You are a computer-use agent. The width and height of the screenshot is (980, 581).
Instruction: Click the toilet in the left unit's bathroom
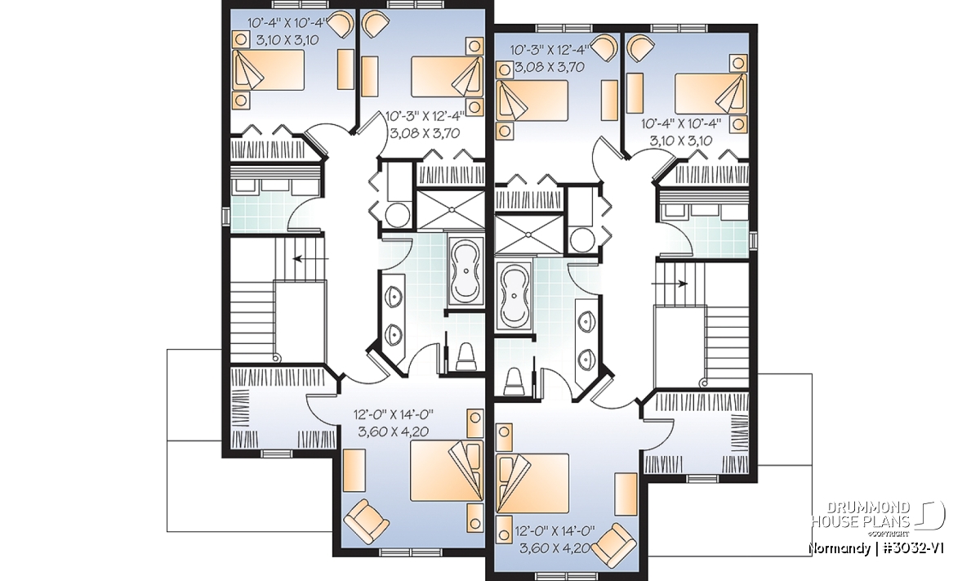[465, 357]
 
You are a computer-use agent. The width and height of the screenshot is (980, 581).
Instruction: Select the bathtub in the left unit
[466, 271]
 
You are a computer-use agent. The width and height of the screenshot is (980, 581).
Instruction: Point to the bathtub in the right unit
[514, 297]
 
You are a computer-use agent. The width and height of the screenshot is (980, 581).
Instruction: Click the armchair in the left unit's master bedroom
[366, 521]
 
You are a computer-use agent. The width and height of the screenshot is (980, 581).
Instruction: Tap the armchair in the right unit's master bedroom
[613, 547]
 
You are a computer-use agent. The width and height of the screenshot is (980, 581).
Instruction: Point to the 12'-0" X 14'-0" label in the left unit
[394, 414]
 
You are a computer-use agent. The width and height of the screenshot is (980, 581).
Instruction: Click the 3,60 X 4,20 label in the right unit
[555, 547]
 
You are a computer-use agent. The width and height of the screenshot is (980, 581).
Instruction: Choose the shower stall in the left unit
[450, 210]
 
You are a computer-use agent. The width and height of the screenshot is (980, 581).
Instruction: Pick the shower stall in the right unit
[529, 235]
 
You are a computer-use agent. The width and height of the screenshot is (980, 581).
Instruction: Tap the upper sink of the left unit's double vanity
[394, 297]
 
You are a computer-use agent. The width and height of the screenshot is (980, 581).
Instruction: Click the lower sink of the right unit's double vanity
[586, 360]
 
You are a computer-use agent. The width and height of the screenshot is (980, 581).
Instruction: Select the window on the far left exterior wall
[225, 217]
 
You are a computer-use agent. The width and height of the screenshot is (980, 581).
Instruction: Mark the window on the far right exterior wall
[753, 241]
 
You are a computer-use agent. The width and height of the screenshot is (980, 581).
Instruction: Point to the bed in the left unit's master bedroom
[447, 471]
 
